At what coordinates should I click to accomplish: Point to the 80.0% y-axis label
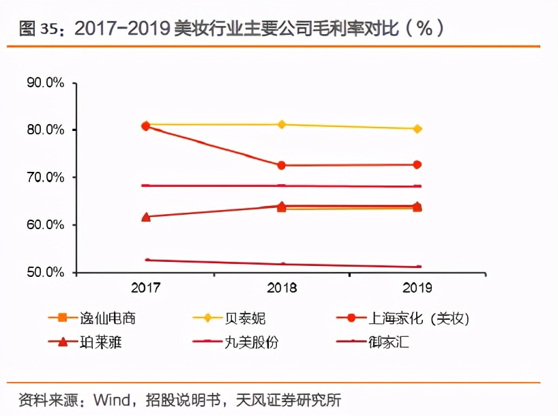pos(45,130)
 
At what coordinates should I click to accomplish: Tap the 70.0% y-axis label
pos(45,177)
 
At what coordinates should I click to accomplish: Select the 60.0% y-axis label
pos(45,224)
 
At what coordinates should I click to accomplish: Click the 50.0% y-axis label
pos(45,272)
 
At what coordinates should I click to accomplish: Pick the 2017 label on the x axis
pos(145,288)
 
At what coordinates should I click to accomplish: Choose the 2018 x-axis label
pos(282,288)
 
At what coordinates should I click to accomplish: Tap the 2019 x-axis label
pos(417,288)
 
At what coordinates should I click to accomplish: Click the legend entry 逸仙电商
pos(92,318)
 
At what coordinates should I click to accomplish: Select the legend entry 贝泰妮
pos(229,318)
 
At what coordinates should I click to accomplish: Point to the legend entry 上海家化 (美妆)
pos(403,318)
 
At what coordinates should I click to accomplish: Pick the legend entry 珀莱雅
pos(85,342)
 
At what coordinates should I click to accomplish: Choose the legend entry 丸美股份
pos(235,342)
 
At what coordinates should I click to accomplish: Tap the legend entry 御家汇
pos(372,342)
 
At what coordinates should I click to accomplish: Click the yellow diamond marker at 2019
pos(417,129)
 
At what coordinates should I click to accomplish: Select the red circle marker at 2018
pos(282,165)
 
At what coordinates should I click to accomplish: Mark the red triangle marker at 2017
pos(146,217)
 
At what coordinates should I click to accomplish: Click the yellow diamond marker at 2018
pos(282,124)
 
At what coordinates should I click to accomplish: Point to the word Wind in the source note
pos(112,400)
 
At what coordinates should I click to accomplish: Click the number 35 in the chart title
pos(48,29)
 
